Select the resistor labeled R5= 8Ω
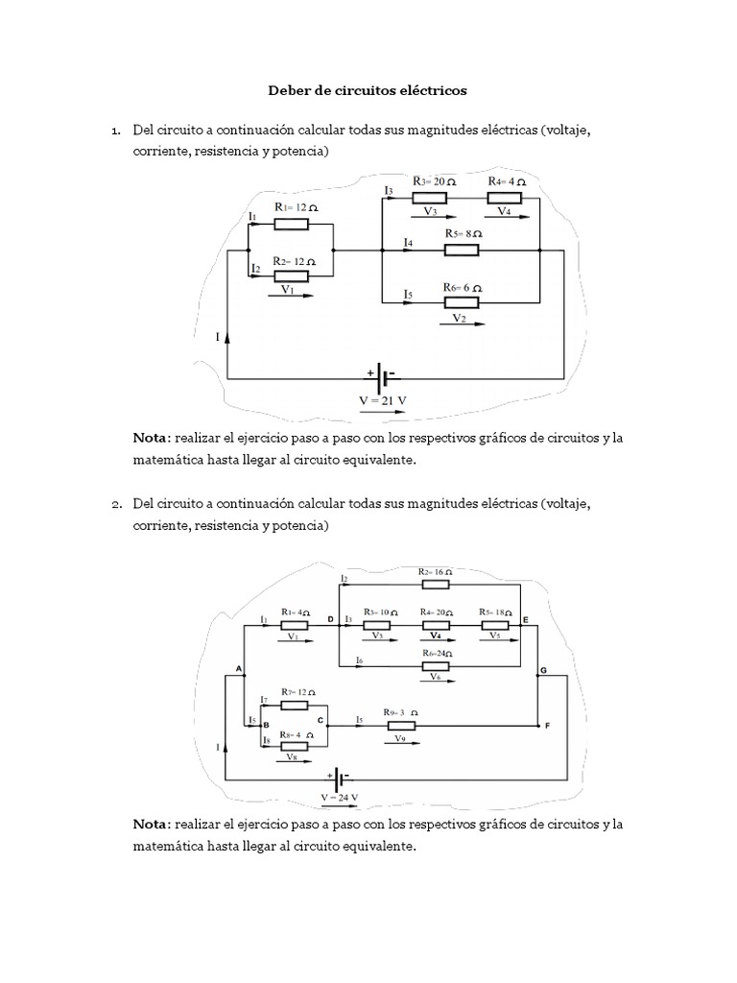coord(463,251)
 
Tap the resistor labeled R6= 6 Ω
coord(463,303)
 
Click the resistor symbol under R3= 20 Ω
coord(431,198)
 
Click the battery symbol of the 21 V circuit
coord(381,376)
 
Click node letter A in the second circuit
coord(237,667)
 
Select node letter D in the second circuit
coord(331,620)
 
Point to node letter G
coord(545,668)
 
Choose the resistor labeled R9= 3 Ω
coord(400,726)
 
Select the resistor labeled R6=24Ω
coord(437,666)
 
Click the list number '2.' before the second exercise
coord(115,504)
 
